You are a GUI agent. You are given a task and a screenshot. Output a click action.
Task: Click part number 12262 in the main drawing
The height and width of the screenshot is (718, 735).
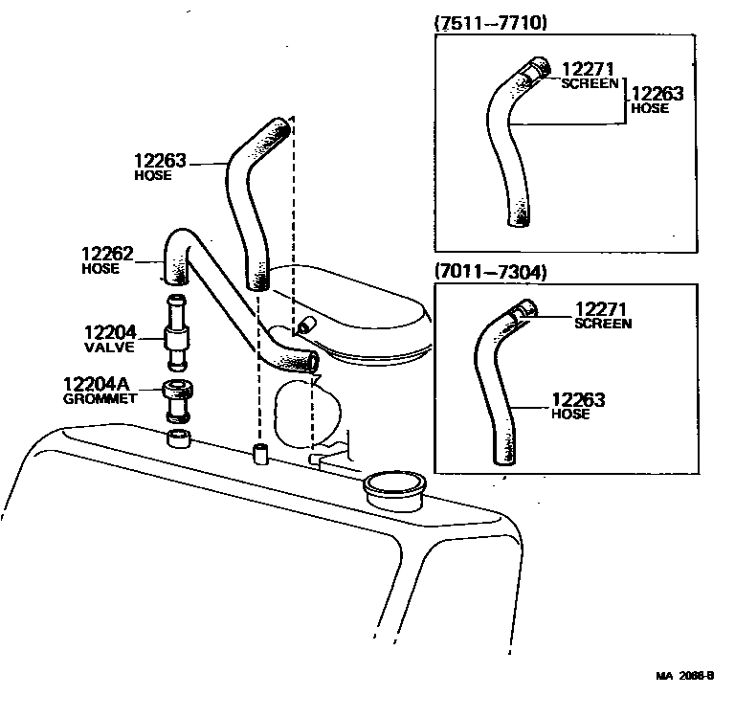(106, 256)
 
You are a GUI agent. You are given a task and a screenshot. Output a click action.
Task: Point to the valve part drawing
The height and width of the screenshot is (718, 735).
(176, 336)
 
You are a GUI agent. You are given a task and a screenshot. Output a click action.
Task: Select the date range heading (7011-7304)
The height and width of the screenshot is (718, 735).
(490, 272)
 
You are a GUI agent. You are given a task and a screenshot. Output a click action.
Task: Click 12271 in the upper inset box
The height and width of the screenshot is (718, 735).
(587, 69)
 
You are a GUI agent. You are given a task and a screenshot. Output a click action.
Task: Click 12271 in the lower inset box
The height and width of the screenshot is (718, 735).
(600, 309)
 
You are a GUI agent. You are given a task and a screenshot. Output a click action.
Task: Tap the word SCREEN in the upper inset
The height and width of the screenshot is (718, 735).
(590, 83)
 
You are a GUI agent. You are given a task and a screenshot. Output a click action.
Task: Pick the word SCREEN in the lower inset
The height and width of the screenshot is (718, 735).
(603, 324)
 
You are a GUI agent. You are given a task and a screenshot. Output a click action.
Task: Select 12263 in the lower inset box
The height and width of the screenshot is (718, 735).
(578, 400)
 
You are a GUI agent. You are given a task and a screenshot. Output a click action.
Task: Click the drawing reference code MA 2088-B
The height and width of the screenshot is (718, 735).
(684, 675)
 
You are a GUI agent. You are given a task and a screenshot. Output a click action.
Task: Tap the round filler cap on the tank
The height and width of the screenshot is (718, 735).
(395, 485)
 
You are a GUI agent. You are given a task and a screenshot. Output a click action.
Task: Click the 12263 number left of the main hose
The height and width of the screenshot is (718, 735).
(160, 162)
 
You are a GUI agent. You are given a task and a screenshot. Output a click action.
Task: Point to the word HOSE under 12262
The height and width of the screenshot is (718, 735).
(100, 269)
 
